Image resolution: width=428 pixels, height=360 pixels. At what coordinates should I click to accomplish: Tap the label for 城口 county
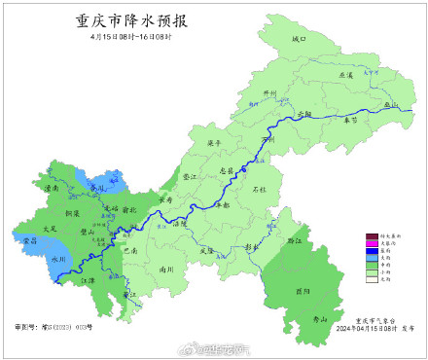point(299,39)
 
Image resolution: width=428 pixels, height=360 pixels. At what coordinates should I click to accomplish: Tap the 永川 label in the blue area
point(57,260)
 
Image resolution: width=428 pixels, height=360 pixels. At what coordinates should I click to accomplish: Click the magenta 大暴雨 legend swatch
point(371,243)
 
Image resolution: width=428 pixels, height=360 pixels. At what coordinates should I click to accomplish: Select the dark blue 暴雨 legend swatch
point(371,250)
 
